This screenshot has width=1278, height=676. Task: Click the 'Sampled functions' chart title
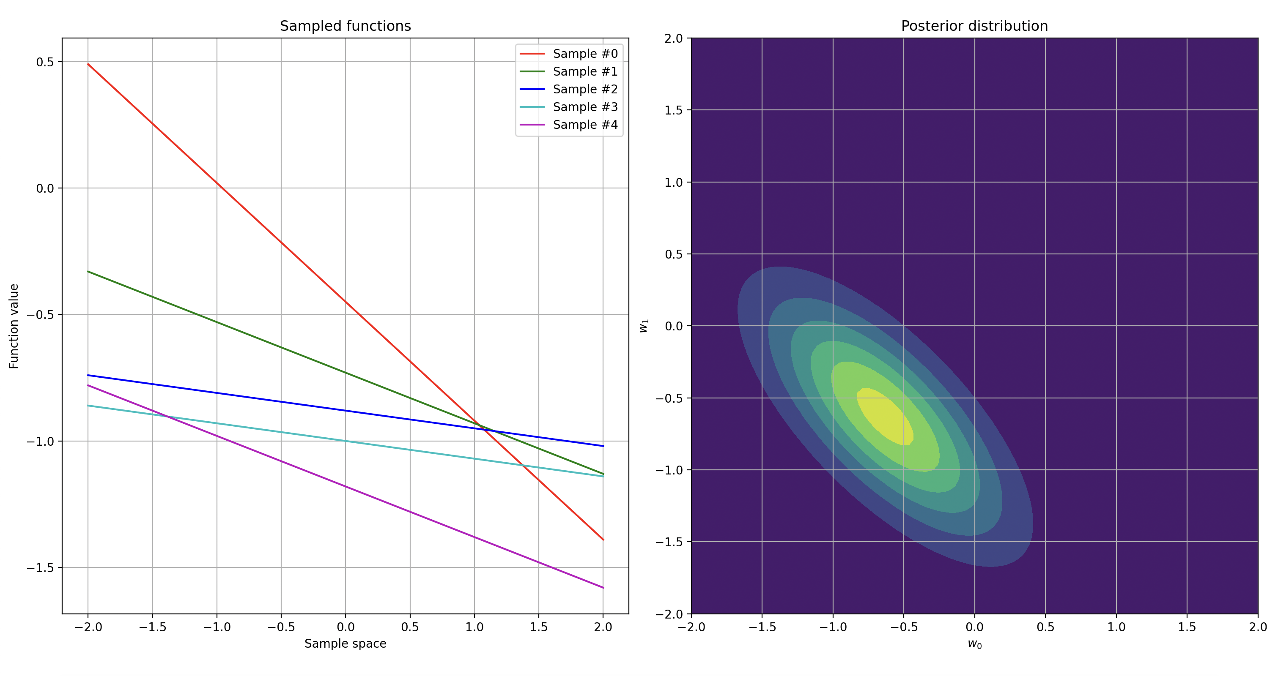point(346,26)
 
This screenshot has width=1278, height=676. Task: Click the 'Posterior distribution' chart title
point(974,26)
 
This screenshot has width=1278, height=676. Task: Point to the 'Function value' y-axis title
point(14,326)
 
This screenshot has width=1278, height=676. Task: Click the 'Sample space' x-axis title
point(346,643)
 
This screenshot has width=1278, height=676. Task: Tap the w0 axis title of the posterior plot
point(974,644)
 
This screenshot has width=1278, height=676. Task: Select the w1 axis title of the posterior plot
point(644,326)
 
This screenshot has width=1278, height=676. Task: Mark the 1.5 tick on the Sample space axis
point(539,627)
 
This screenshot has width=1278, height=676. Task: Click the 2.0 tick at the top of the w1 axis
point(673,38)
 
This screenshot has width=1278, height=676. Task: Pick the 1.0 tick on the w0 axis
point(1116,627)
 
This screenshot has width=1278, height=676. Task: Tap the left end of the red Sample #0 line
point(88,64)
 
